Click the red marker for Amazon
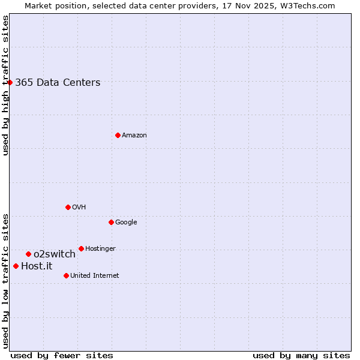coord(118,135)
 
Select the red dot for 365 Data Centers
coord(10,82)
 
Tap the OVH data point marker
coord(68,207)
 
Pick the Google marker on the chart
coord(111,222)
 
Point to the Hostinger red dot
coord(81,248)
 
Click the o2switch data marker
coord(28,254)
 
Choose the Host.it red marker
coord(16,266)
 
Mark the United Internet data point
coord(66,275)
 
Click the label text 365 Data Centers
coord(58,83)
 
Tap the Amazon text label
coord(134,136)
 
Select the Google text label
coord(126,223)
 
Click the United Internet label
coord(94,276)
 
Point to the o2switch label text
coord(55,254)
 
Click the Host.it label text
coord(37,266)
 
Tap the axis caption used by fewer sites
coord(62,355)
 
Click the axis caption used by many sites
coord(301,355)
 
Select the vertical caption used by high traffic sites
coord(5,85)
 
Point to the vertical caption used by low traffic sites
coord(5,280)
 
